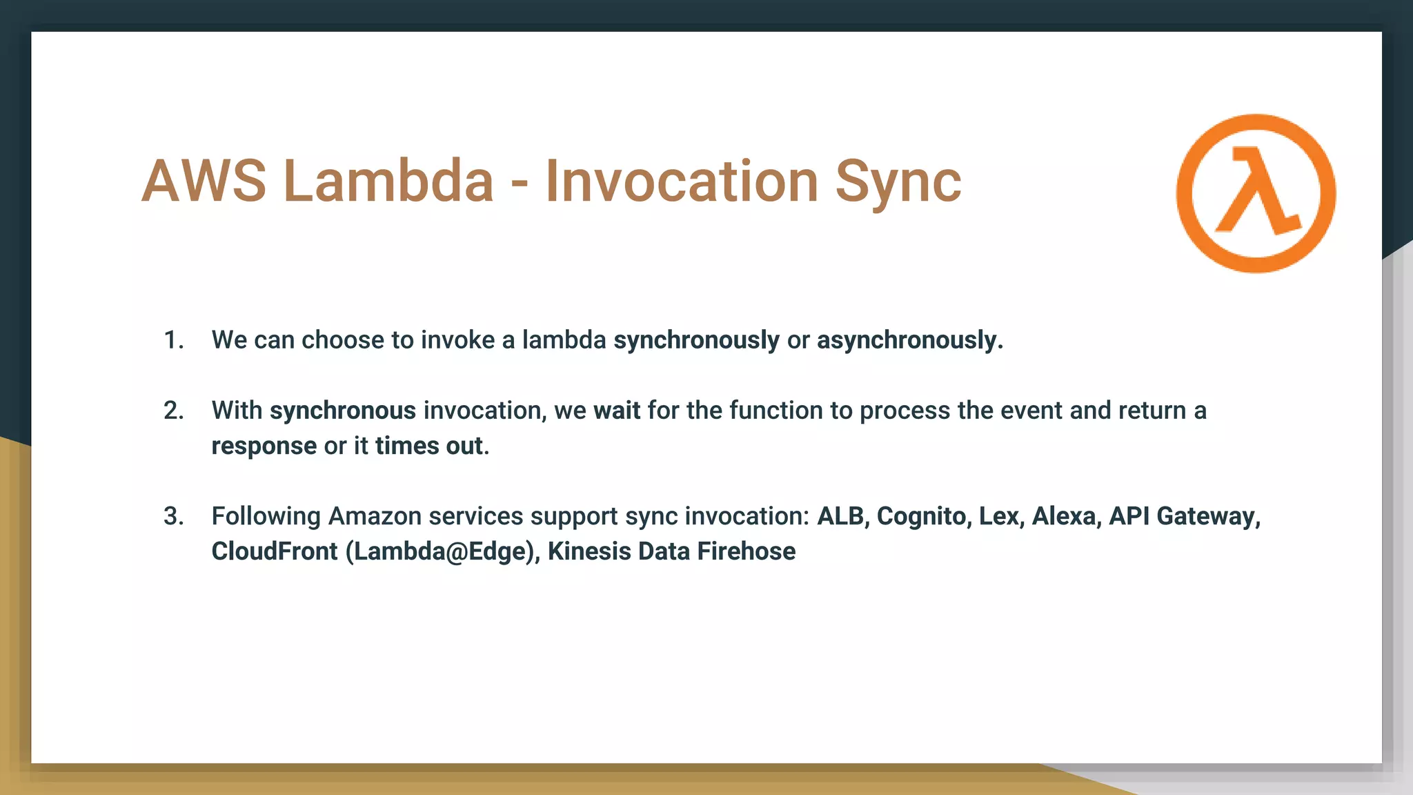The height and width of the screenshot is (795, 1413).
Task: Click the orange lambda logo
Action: (x=1255, y=193)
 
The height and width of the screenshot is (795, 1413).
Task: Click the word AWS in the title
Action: (x=204, y=181)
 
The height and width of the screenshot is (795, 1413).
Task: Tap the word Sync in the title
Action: (x=898, y=181)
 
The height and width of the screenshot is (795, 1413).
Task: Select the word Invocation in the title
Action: (x=682, y=181)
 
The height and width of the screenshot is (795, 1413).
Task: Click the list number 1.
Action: (x=173, y=340)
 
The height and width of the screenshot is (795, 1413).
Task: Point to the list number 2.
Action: (x=173, y=411)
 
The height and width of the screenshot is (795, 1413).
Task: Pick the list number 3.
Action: (x=173, y=516)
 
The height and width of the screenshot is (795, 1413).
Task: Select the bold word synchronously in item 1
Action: (x=696, y=340)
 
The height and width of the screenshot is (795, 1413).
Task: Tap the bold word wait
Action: (x=617, y=411)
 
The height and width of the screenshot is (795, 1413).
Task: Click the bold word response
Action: (x=264, y=446)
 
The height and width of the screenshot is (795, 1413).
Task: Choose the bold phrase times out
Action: (x=429, y=446)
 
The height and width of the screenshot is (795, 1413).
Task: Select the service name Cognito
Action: (x=922, y=516)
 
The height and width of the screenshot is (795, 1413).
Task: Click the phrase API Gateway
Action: (x=1183, y=516)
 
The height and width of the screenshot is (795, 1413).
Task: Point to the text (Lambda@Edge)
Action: (x=442, y=552)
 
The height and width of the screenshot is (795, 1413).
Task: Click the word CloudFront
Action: (x=274, y=552)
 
